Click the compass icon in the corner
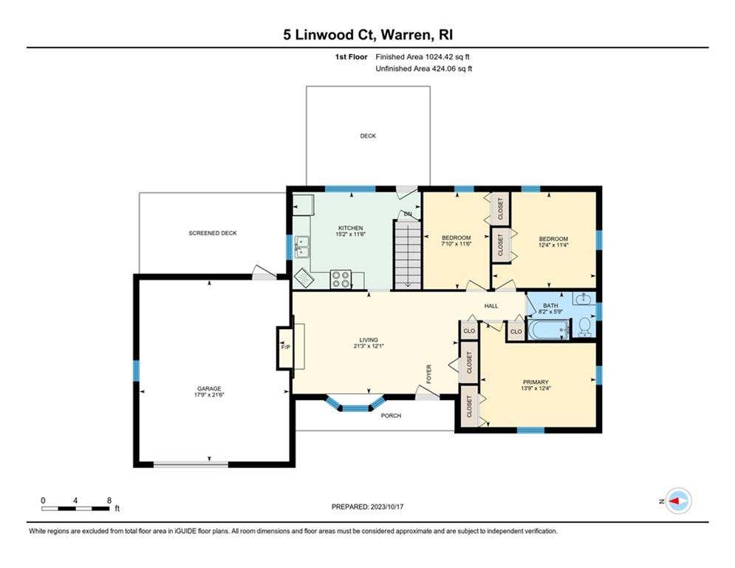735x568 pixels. (678, 501)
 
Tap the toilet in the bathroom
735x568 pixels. (585, 327)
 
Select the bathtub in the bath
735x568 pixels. (549, 330)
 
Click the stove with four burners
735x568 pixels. (341, 280)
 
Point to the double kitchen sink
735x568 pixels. (302, 247)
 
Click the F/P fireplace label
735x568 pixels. (285, 348)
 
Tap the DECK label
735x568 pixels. (368, 135)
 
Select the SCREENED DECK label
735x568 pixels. (213, 233)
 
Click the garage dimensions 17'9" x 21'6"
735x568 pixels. (209, 395)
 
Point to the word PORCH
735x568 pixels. (391, 416)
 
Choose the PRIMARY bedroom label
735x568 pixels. (536, 382)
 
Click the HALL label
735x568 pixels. (491, 306)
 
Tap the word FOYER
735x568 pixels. (428, 374)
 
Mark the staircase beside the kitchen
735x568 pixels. (407, 256)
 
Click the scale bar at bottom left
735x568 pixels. (75, 508)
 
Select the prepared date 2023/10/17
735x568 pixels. (387, 507)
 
